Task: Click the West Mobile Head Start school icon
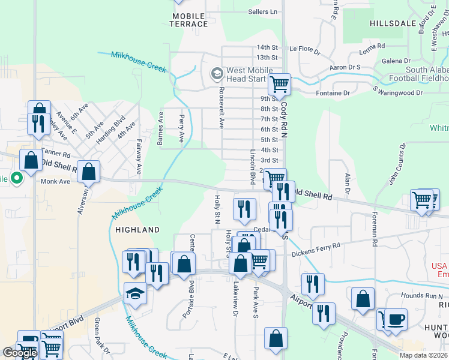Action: (x=217, y=74)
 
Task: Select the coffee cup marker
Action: (x=396, y=319)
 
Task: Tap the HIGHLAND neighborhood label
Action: (x=137, y=230)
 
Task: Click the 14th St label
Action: (x=267, y=47)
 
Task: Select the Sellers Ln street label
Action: (x=263, y=11)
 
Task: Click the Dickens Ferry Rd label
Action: (x=316, y=245)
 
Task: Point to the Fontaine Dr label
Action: (x=333, y=94)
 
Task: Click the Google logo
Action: (x=20, y=353)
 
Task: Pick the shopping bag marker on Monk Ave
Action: (x=89, y=172)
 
